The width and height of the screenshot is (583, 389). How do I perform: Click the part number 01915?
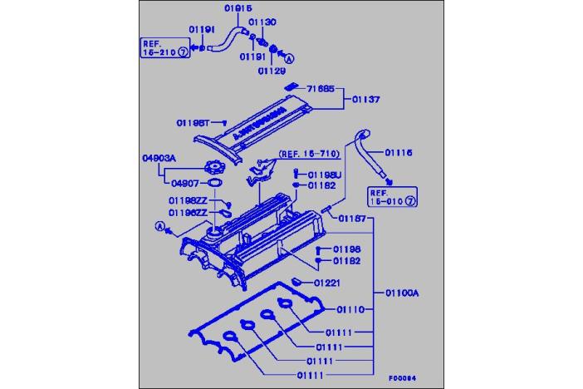238,8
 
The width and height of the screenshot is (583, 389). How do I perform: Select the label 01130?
264,22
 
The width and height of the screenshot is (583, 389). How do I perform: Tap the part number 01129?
272,71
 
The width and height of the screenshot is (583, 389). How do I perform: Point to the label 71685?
321,87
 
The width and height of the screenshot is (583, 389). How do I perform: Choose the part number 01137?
364,99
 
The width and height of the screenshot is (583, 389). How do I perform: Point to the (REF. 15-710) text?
308,154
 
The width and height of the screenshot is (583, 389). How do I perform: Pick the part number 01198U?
325,175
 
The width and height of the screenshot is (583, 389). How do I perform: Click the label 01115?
398,152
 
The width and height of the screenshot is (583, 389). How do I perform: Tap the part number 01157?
353,218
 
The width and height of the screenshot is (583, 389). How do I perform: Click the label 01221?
328,283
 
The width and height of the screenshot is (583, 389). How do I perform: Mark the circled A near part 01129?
289,61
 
